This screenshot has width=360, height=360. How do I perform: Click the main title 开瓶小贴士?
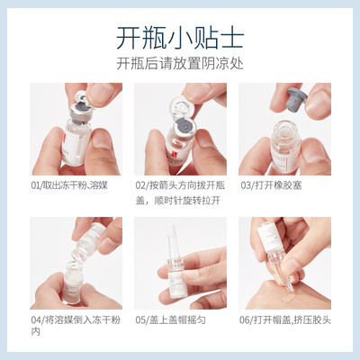tap(180, 38)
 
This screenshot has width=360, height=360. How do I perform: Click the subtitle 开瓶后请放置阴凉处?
tap(180, 63)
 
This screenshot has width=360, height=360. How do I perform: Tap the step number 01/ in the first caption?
tap(37, 185)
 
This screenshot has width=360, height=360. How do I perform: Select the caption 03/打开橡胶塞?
tap(271, 185)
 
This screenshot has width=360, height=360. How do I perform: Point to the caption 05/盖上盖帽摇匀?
tap(170, 319)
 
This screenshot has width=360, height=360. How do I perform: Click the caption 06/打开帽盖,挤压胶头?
tap(285, 319)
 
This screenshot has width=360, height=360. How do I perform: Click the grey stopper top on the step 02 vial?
tap(183, 124)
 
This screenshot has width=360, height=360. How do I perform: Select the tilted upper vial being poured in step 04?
tap(88, 240)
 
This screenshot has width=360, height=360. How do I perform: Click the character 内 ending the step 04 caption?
tap(35, 332)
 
